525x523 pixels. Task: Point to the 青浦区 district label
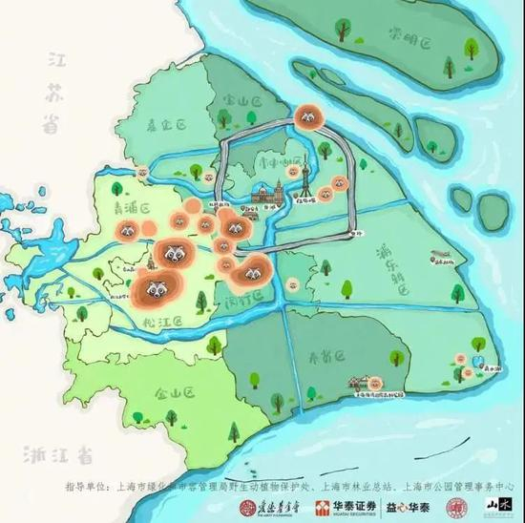point(129,202)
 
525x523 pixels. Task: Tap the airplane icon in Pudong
point(440,257)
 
